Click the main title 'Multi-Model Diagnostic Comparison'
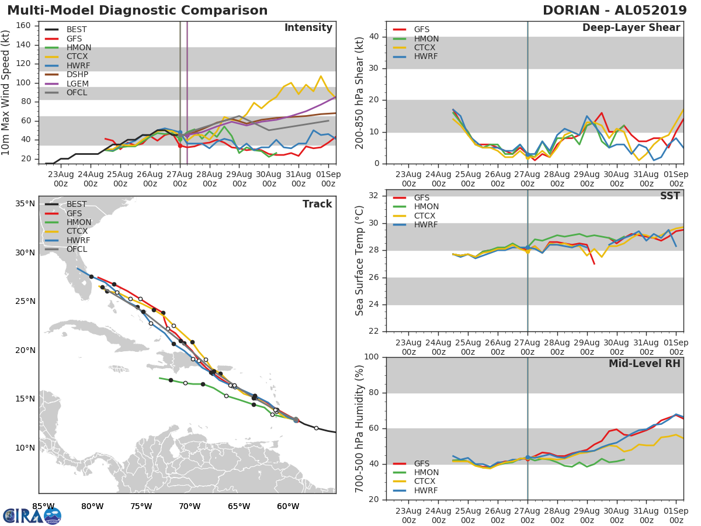tap(137, 11)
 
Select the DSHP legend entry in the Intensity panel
tap(77, 75)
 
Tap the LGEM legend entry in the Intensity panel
tap(77, 84)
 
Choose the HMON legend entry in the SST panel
tap(426, 207)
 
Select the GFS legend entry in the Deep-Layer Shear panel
tap(421, 30)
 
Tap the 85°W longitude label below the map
tap(43, 506)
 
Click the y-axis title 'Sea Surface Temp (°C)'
tap(360, 261)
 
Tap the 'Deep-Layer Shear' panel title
tap(631, 28)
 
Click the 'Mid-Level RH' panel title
tap(644, 364)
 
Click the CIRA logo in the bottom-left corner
tap(32, 515)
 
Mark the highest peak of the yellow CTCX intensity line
tap(321, 76)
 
